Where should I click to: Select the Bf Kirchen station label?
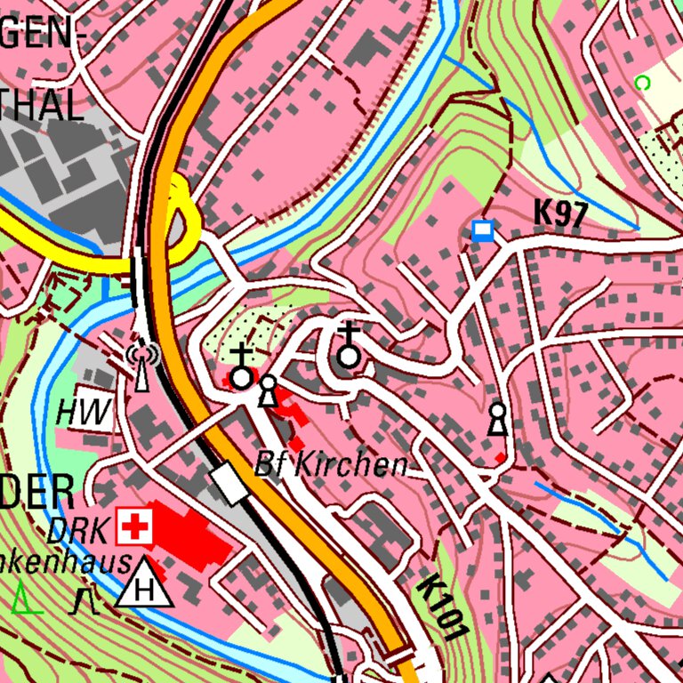tap(331, 463)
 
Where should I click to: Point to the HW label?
tap(84, 412)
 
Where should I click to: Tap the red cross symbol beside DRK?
tap(135, 527)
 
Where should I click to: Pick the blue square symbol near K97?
tap(483, 231)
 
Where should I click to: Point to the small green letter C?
tap(642, 83)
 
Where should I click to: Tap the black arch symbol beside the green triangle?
tap(86, 601)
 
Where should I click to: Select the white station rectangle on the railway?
tap(229, 485)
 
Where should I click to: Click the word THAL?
tap(41, 105)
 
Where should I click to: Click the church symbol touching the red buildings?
tap(241, 368)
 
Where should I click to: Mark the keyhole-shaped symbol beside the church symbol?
tap(268, 391)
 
